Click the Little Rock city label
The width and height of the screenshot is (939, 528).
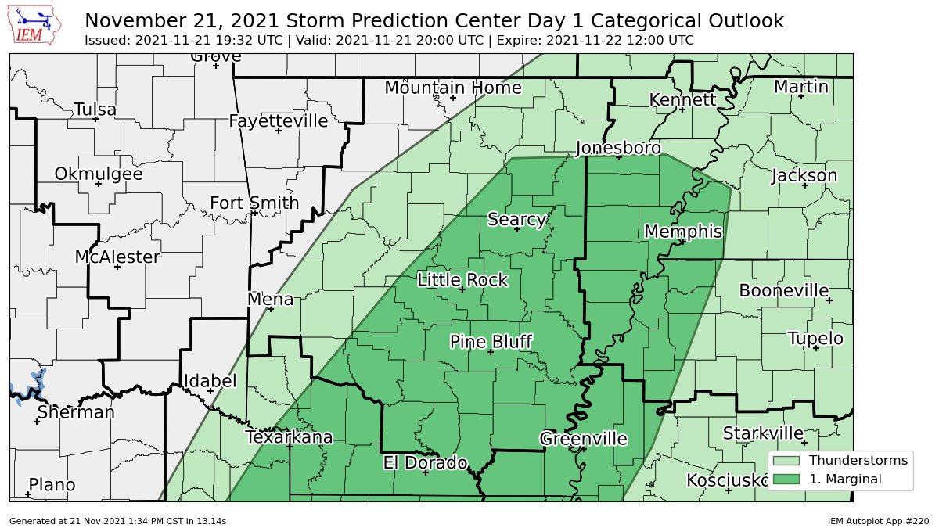tap(462, 280)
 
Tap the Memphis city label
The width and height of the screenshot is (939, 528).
tap(682, 232)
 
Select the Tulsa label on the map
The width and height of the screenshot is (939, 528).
tap(95, 110)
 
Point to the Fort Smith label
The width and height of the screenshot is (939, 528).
tap(254, 203)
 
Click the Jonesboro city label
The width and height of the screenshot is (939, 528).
tap(618, 148)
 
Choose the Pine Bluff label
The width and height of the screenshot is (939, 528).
tap(491, 342)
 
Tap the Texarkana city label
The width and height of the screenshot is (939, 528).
tap(289, 437)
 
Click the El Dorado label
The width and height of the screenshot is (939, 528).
tap(425, 462)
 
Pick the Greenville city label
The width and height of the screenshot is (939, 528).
tap(583, 439)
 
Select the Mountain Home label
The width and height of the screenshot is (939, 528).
tap(453, 88)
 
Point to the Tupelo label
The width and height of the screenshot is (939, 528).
tap(815, 339)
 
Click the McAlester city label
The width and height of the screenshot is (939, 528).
tap(117, 257)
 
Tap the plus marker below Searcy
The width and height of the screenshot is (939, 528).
tap(517, 229)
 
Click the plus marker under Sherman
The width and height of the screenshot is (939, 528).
tap(37, 422)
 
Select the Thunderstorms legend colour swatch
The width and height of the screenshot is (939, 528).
tap(786, 461)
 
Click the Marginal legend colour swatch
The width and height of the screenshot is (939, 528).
tap(786, 479)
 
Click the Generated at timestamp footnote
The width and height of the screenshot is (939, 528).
tap(118, 520)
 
